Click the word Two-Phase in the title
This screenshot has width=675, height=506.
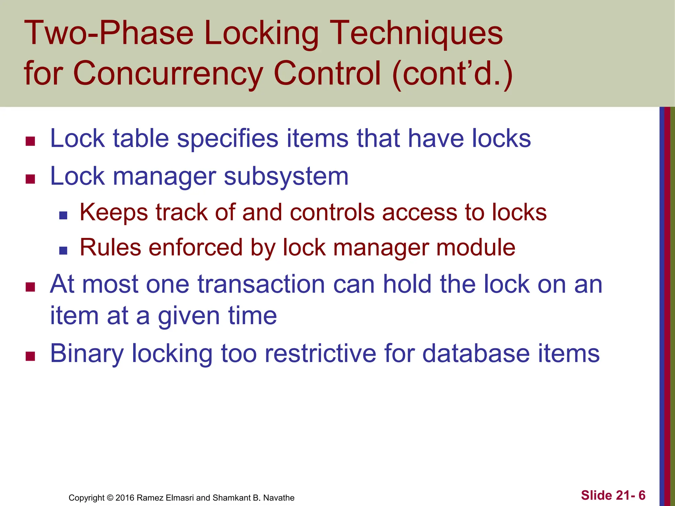109,33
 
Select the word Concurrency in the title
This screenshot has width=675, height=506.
168,73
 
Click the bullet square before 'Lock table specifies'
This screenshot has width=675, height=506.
30,141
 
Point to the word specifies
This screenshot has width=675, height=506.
228,138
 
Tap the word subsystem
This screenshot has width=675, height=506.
286,177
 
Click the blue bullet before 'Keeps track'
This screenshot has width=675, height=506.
63,216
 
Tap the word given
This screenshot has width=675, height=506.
189,316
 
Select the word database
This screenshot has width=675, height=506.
476,353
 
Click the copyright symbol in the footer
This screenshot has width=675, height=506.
110,498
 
